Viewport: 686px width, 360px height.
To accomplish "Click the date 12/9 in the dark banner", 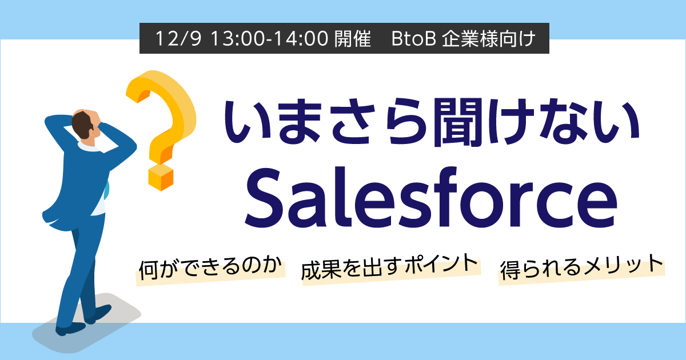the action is pos(178,39).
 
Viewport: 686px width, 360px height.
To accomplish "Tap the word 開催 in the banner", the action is pos(353,39).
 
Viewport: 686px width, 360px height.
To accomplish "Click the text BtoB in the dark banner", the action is pos(413,39).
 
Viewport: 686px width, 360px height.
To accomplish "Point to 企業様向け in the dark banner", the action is pos(488,39).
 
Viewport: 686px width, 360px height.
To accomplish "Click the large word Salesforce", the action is pos(430,198).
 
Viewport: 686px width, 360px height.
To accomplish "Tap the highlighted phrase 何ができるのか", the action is pos(211,269).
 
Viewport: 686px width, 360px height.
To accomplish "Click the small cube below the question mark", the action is pos(161,178).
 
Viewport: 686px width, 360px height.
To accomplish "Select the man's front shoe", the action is pos(70,329).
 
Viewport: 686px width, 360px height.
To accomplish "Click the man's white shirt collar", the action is pos(89,147).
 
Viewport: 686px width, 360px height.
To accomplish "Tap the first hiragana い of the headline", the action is pos(246,122).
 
